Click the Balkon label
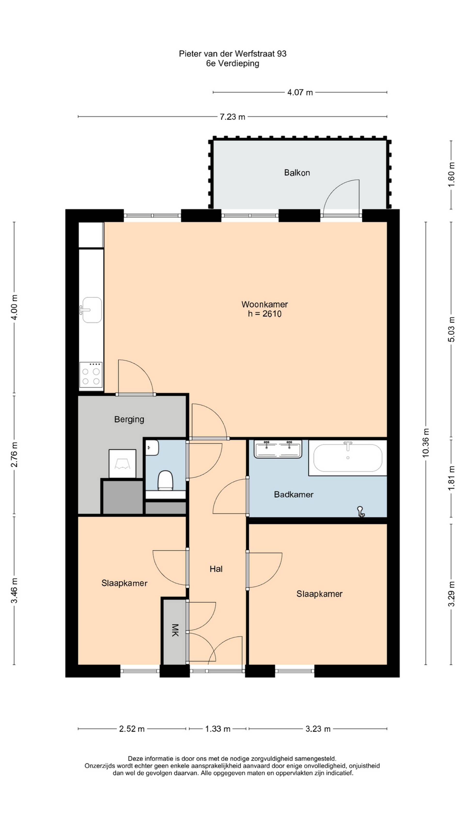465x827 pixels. click(297, 173)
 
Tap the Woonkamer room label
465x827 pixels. click(264, 304)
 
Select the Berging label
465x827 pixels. click(129, 419)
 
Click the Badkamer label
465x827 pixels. click(293, 494)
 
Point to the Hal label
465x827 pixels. click(216, 569)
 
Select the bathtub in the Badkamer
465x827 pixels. click(348, 457)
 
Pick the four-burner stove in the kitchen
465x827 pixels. click(91, 375)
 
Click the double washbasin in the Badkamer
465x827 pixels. click(278, 449)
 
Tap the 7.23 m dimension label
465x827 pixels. click(232, 117)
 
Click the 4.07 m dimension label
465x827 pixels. click(300, 93)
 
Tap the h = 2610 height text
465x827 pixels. click(264, 314)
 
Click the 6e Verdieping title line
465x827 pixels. click(233, 63)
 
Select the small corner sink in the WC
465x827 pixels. click(152, 448)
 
